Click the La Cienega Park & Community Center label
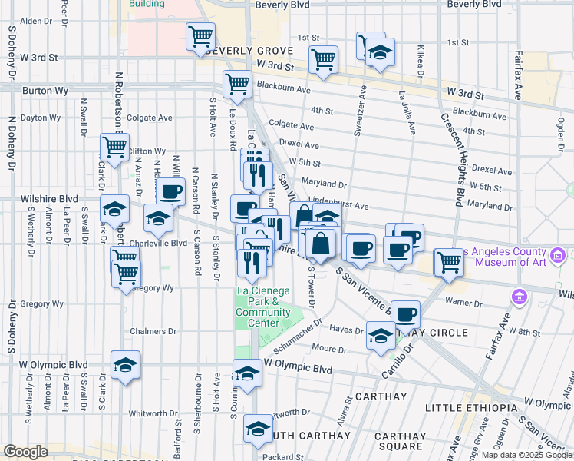[263, 307]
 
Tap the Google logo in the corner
[25, 451]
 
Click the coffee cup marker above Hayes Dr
[406, 313]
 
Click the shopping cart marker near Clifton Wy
[114, 148]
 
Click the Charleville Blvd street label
[159, 243]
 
